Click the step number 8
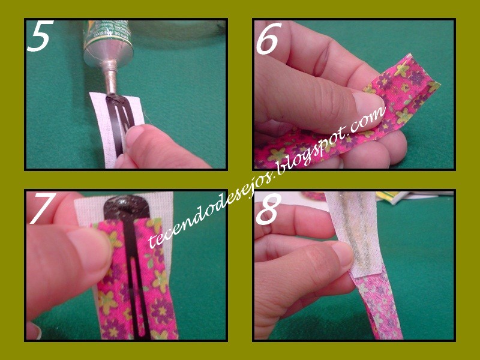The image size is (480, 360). [268, 209]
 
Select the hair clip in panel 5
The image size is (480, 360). [120, 122]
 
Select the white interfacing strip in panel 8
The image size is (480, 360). [355, 233]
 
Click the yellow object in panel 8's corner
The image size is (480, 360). [392, 197]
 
